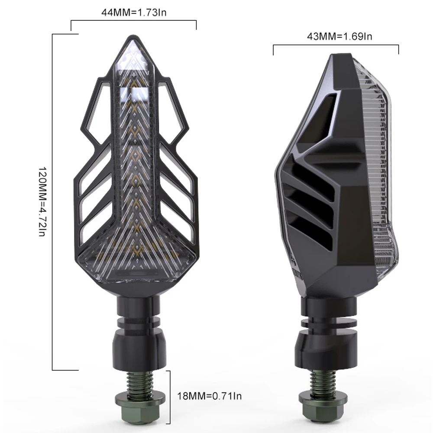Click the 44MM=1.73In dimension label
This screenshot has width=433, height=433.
(x=134, y=13)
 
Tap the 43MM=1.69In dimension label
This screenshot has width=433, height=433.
(x=339, y=36)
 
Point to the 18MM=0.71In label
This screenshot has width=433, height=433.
(x=209, y=396)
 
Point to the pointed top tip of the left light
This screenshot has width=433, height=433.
(x=134, y=36)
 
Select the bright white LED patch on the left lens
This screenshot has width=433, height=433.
(x=135, y=94)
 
